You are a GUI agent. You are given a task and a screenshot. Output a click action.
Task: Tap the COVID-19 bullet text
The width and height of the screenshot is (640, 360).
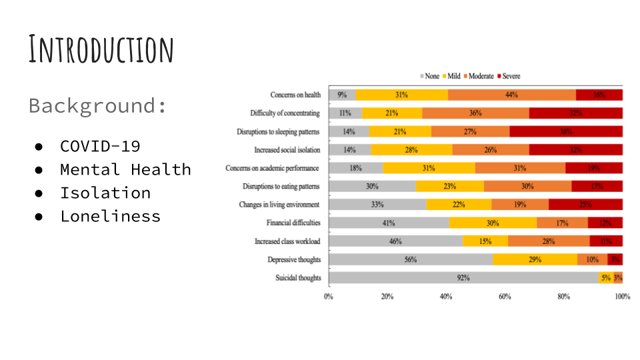click(x=100, y=146)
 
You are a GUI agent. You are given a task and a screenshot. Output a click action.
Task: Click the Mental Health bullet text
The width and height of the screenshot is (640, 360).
click(x=125, y=169)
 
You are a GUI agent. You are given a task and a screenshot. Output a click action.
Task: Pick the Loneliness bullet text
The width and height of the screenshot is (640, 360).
click(x=110, y=216)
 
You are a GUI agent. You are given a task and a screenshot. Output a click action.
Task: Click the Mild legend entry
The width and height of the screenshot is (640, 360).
click(x=451, y=77)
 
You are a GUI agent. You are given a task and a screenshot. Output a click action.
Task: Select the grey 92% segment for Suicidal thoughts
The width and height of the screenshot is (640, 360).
click(x=463, y=278)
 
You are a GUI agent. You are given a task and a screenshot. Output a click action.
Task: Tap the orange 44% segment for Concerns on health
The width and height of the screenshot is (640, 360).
click(x=511, y=95)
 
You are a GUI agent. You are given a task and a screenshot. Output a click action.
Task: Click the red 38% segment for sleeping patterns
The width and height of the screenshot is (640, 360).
click(x=566, y=131)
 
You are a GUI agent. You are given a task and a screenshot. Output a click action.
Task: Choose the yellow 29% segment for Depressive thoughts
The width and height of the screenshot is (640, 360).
click(x=535, y=259)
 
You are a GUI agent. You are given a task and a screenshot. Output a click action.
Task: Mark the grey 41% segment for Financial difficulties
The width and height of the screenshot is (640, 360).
click(x=389, y=223)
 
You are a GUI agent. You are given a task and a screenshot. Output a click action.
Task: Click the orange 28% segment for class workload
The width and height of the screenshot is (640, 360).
click(x=549, y=241)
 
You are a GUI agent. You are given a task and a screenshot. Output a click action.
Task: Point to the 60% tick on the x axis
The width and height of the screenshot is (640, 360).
click(x=505, y=297)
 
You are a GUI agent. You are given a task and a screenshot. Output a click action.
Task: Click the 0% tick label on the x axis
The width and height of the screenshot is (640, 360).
click(x=329, y=297)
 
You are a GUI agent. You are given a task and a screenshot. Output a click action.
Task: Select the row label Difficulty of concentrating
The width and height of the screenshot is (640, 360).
click(x=285, y=113)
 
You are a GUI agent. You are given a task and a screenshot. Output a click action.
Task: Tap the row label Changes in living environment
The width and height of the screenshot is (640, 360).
click(x=279, y=205)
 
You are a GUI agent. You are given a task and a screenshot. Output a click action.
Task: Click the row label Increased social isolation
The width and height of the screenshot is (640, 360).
click(x=287, y=150)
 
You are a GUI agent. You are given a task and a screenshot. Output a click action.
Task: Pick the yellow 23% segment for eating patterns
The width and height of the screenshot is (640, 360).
click(x=450, y=186)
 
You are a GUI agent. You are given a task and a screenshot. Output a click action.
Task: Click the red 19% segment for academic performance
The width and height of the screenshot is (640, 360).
click(x=594, y=168)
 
